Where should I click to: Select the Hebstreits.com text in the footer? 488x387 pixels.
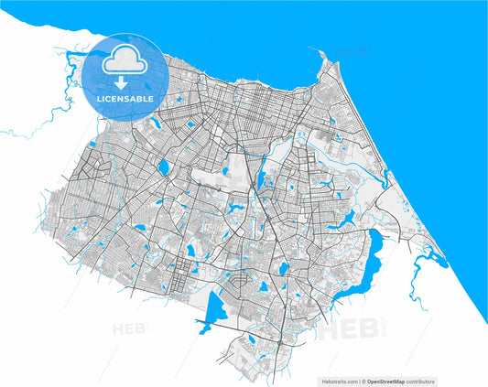point(339,381)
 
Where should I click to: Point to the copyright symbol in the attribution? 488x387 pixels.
point(363,381)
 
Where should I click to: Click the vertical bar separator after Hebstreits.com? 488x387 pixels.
point(359,381)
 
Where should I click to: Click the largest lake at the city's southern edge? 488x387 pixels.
point(217,308)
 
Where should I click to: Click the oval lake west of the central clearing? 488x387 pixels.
point(163,167)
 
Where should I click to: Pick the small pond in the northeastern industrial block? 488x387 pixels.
point(337,138)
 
